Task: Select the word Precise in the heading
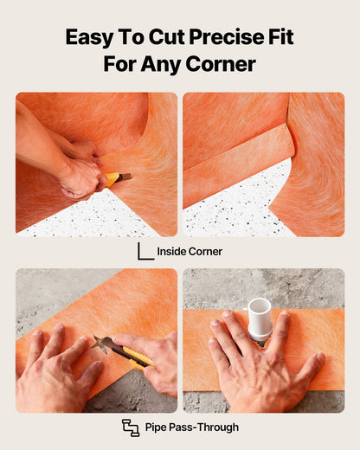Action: coord(227,37)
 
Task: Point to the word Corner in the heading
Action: coord(221,64)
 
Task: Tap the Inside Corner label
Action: coord(190,252)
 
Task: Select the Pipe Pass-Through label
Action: coord(192,427)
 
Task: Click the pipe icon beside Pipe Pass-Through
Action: coord(131,427)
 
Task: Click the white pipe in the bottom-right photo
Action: coord(260,319)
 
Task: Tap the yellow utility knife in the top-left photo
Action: coord(118,178)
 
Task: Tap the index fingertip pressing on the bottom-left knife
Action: coord(119,337)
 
